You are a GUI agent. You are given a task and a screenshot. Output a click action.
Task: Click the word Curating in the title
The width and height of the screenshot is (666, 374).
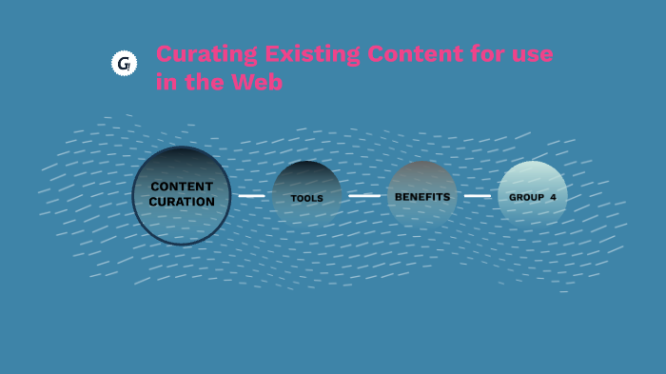pyautogui.click(x=194, y=54)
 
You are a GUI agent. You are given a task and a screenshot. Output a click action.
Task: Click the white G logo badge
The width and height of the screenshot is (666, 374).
pyautogui.click(x=124, y=64)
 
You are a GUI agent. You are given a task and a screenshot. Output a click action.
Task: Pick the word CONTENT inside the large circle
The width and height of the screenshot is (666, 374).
pyautogui.click(x=181, y=187)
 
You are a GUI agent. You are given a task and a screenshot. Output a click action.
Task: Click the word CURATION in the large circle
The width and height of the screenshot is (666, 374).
pyautogui.click(x=181, y=202)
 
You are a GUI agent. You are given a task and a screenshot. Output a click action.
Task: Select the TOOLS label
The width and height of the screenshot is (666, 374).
pyautogui.click(x=306, y=198)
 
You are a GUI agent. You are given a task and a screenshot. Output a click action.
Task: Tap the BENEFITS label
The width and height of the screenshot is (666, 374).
pyautogui.click(x=421, y=196)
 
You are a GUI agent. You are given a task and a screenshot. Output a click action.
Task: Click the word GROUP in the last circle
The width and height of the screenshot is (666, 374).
pyautogui.click(x=526, y=197)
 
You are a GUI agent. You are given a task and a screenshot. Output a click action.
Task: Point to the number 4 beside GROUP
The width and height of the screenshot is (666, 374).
pyautogui.click(x=553, y=197)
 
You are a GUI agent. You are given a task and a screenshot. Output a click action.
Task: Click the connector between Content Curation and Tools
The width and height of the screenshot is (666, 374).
pyautogui.click(x=251, y=196)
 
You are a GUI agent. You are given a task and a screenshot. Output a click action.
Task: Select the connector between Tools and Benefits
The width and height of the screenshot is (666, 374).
pyautogui.click(x=363, y=196)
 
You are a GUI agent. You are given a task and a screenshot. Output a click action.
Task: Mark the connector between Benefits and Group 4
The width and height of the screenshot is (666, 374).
pyautogui.click(x=478, y=196)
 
